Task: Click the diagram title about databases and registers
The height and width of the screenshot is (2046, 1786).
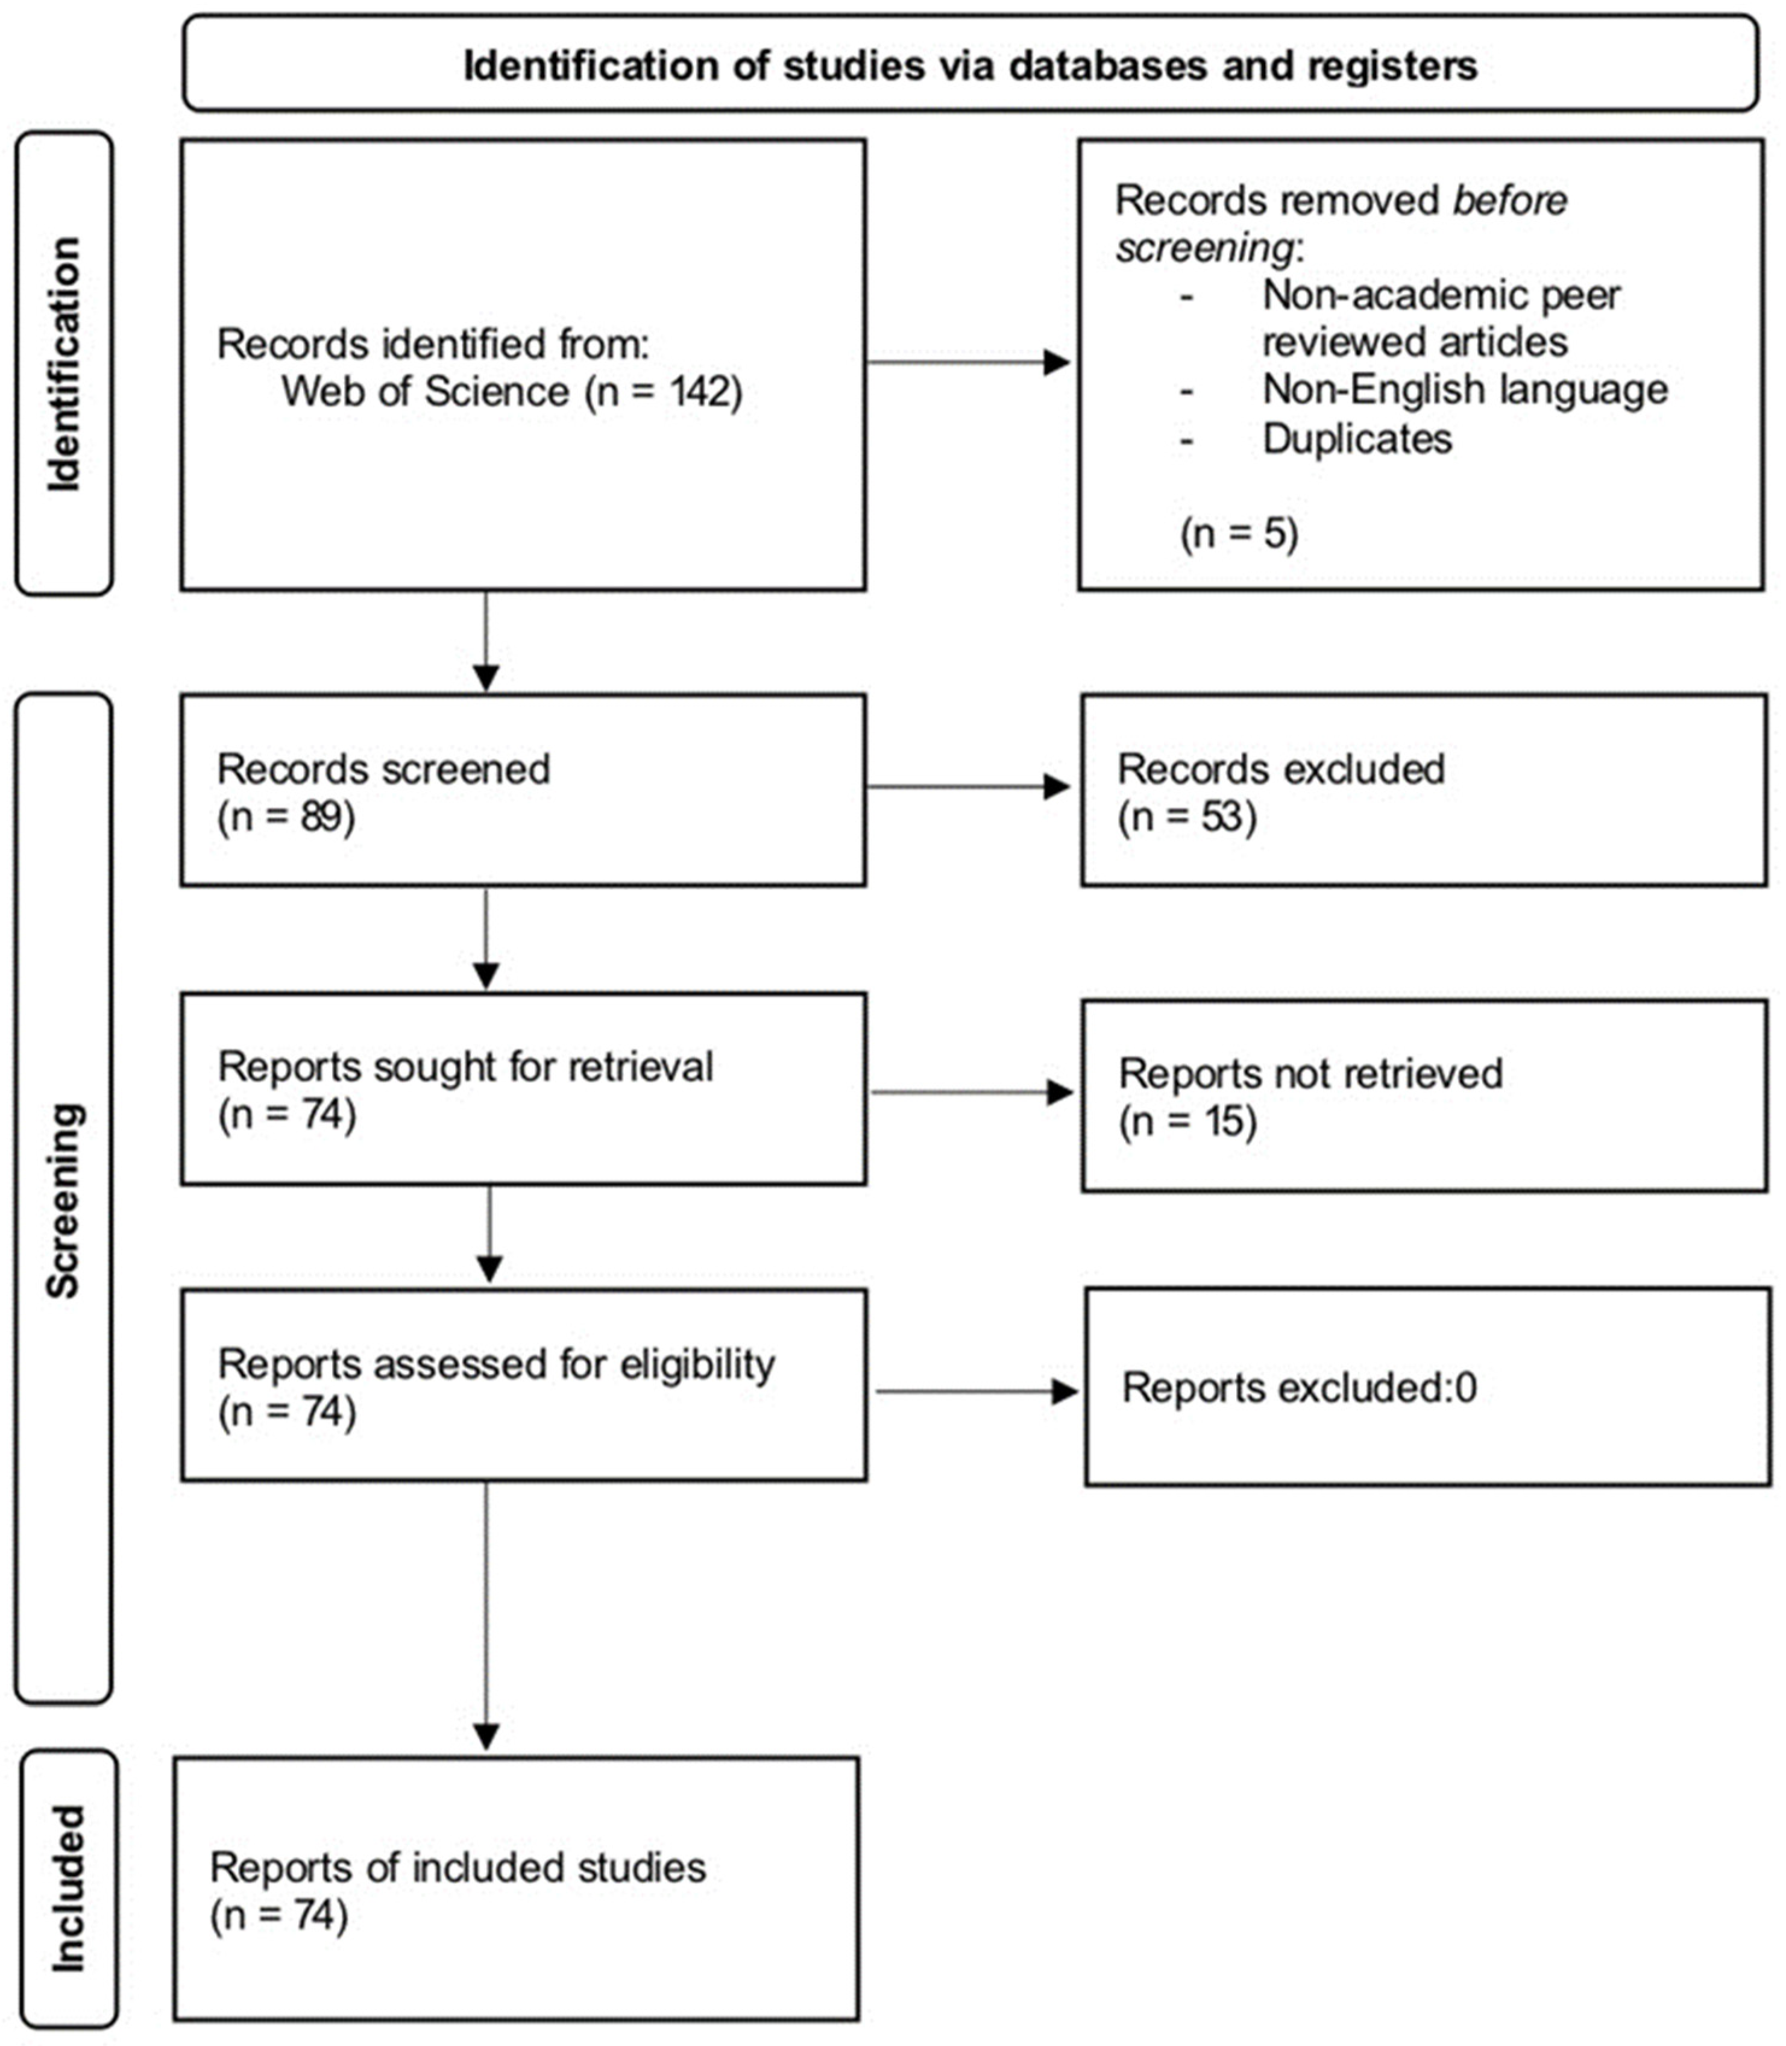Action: point(970,66)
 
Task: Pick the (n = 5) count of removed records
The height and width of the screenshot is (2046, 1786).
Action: point(1239,533)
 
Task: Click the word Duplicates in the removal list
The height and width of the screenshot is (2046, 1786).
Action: point(1356,439)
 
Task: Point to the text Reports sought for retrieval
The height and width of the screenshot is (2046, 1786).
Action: point(465,1066)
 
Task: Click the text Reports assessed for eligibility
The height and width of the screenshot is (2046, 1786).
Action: point(495,1363)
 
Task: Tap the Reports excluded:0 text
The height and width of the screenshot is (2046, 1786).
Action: point(1298,1387)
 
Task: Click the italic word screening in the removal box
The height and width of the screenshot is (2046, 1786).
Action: point(1204,247)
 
